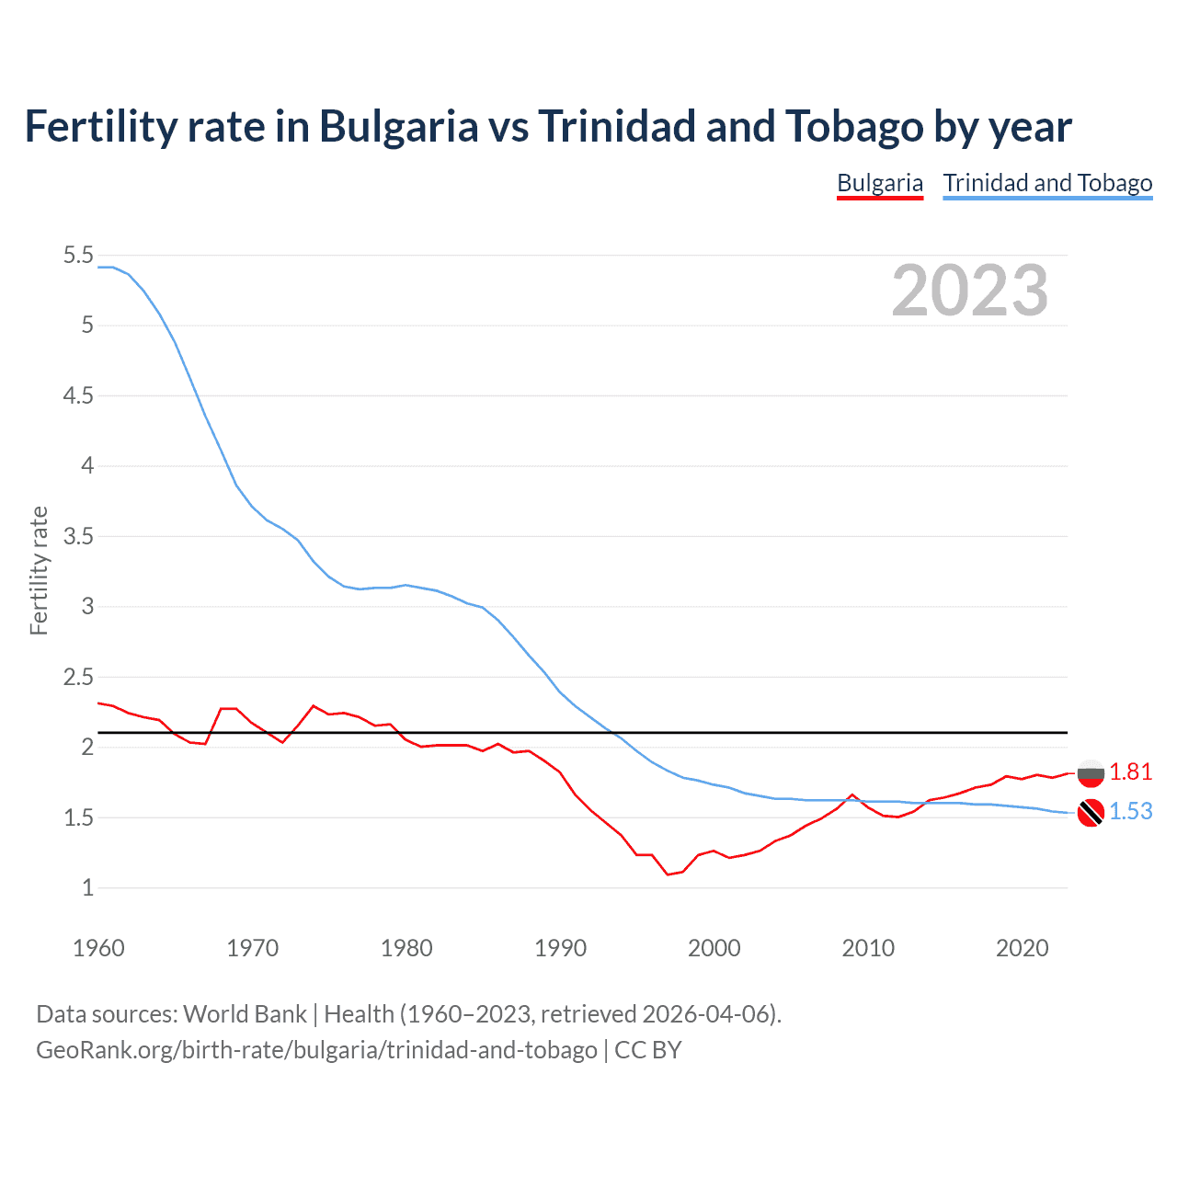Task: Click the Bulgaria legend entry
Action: [879, 183]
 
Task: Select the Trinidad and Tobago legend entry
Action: [1047, 183]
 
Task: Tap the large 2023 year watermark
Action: [970, 291]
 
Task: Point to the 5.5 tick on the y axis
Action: [78, 255]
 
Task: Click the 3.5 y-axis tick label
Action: [78, 536]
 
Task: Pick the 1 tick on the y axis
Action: [87, 888]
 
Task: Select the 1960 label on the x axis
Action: [98, 948]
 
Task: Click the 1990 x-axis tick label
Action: [560, 948]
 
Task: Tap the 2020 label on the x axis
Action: [1022, 948]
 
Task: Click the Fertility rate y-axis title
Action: [39, 570]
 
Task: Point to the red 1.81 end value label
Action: [1130, 772]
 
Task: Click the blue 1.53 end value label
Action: [1130, 811]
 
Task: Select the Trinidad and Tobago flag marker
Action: [1091, 813]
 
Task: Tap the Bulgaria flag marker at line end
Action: [1091, 773]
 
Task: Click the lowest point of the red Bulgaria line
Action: [668, 874]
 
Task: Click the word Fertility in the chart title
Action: [99, 126]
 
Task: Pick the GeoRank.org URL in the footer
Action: [316, 1050]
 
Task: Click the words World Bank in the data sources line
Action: [245, 1014]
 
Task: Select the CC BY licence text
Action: [648, 1050]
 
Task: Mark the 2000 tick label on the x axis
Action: [714, 948]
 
